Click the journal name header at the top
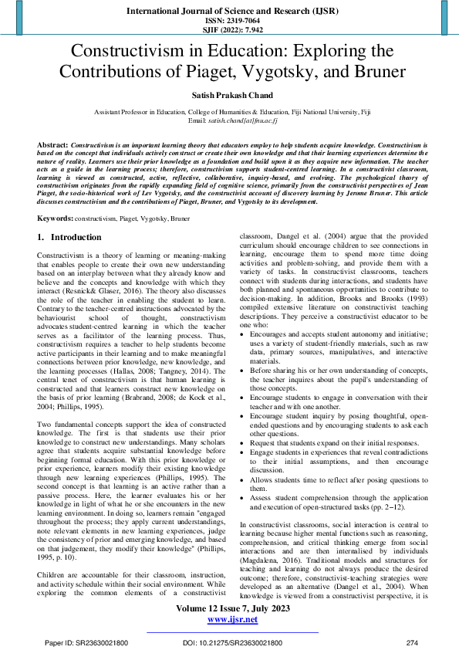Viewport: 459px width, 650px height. coord(229,12)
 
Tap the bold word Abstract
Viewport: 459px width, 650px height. coord(52,145)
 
